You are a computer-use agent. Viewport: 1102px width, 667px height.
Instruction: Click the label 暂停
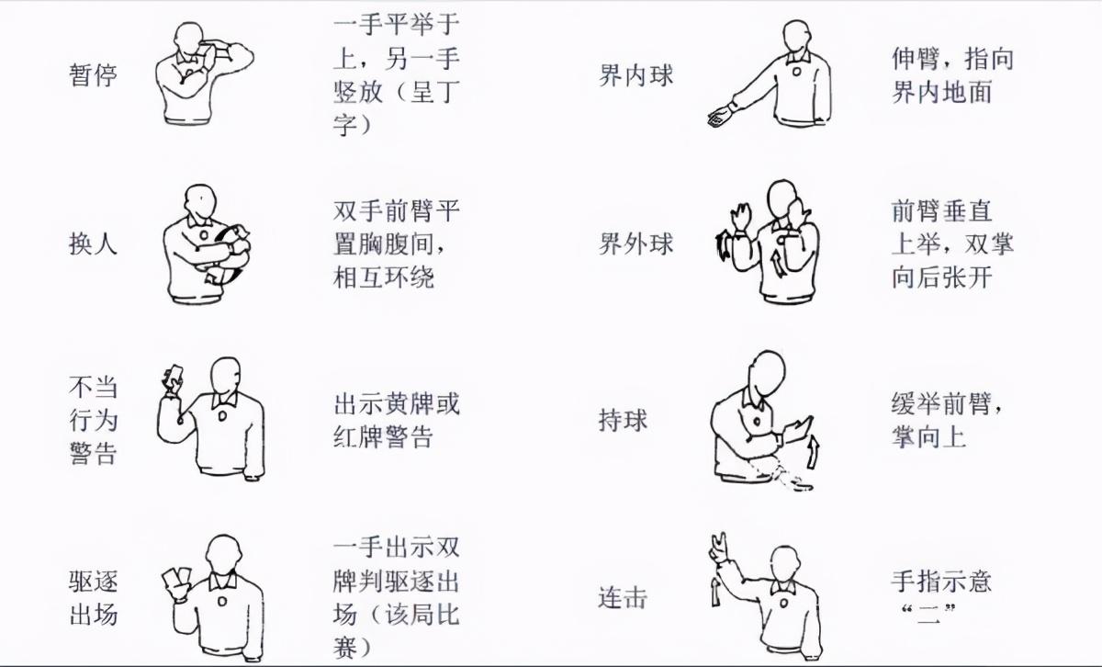point(93,75)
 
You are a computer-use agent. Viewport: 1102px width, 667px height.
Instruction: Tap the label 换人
point(93,243)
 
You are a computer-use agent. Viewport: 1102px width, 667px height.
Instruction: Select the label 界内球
point(635,76)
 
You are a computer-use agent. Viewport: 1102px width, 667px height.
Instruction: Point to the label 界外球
point(635,243)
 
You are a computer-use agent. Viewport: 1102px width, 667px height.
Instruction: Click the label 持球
point(623,420)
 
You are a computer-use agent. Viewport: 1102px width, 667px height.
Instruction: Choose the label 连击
point(623,597)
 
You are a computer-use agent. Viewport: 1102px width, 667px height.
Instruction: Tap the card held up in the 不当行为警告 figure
point(174,375)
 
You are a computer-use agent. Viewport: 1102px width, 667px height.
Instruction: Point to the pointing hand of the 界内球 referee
point(719,116)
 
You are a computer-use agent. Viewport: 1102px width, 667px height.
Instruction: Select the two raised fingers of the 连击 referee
point(719,542)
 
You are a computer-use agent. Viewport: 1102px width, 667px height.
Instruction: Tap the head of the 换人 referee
point(200,200)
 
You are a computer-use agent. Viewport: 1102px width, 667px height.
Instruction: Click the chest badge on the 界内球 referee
point(796,72)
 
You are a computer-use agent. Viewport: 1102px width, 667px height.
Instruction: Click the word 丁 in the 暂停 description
point(447,92)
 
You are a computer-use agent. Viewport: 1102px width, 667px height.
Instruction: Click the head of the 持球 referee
point(769,373)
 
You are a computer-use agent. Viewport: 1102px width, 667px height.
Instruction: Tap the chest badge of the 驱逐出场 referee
point(222,602)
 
